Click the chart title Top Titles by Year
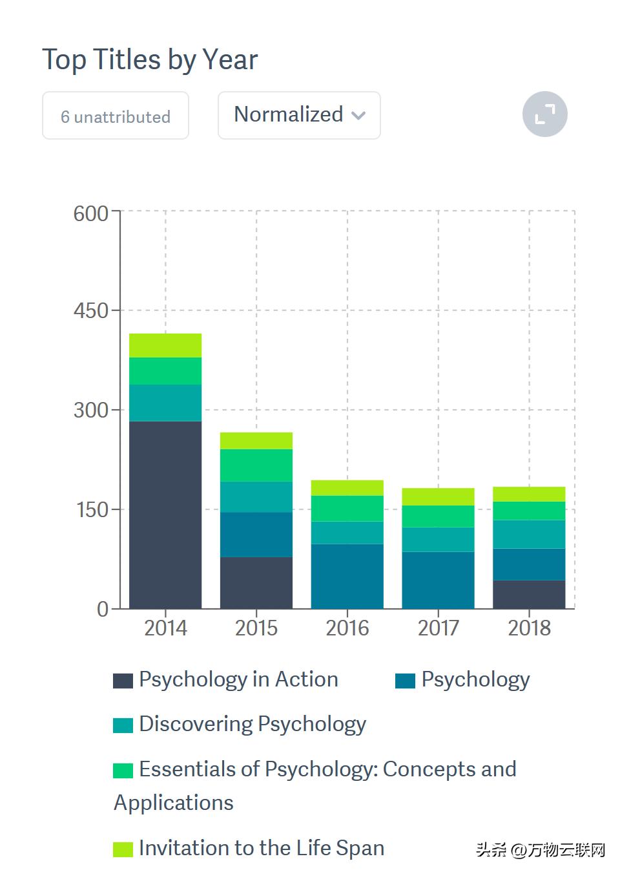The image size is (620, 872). pyautogui.click(x=150, y=60)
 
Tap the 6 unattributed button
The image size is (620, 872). pyautogui.click(x=116, y=116)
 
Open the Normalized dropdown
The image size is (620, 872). pyautogui.click(x=299, y=115)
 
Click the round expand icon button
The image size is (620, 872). pyautogui.click(x=544, y=114)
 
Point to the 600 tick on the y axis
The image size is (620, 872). pyautogui.click(x=90, y=213)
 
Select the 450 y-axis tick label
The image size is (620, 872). pyautogui.click(x=90, y=310)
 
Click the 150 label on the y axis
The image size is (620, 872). pyautogui.click(x=90, y=509)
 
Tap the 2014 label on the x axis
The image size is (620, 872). pyautogui.click(x=165, y=628)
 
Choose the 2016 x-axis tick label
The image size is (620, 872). pyautogui.click(x=347, y=628)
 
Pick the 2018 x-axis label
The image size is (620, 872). pyautogui.click(x=529, y=628)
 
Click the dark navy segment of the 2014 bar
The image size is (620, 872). pyautogui.click(x=165, y=515)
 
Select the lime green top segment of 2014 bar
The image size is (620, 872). pyautogui.click(x=165, y=345)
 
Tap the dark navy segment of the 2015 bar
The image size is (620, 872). pyautogui.click(x=256, y=582)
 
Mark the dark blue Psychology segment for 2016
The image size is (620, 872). pyautogui.click(x=347, y=576)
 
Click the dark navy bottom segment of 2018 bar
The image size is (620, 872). pyautogui.click(x=529, y=594)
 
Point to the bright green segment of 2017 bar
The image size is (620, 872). pyautogui.click(x=438, y=516)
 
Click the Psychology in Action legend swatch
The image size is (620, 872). pyautogui.click(x=123, y=681)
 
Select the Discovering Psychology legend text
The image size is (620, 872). pyautogui.click(x=253, y=724)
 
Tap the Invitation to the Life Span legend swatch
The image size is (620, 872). pyautogui.click(x=123, y=849)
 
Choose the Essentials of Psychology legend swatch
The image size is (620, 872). pyautogui.click(x=123, y=771)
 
